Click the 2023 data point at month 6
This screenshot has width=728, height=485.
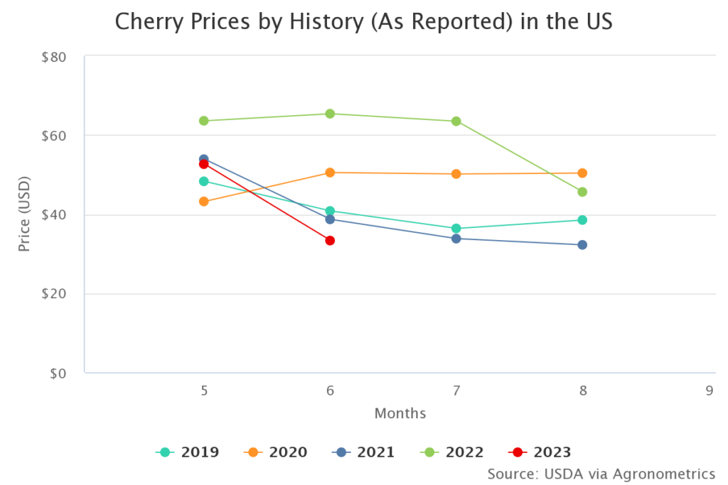[x=330, y=241]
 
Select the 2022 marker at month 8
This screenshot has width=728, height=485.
[x=582, y=192]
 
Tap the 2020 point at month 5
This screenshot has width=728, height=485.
[x=204, y=202]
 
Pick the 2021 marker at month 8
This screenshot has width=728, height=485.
[x=582, y=245]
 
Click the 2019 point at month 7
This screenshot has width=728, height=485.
[x=456, y=229]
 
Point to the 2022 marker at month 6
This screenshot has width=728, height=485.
[x=330, y=114]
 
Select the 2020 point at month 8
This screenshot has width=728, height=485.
[x=582, y=173]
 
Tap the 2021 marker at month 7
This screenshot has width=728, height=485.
[x=456, y=239]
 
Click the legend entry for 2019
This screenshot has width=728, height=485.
[x=188, y=452]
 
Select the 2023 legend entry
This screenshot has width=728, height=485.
[x=540, y=452]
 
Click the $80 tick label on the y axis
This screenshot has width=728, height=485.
[x=54, y=57]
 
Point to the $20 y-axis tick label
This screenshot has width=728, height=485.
[x=54, y=294]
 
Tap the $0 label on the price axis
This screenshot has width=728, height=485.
[x=58, y=374]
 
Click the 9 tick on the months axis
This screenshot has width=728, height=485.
[x=709, y=390]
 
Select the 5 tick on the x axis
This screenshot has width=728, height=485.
[x=204, y=390]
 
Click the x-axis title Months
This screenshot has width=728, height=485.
[x=400, y=413]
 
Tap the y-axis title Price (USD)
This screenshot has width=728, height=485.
[x=24, y=215]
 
